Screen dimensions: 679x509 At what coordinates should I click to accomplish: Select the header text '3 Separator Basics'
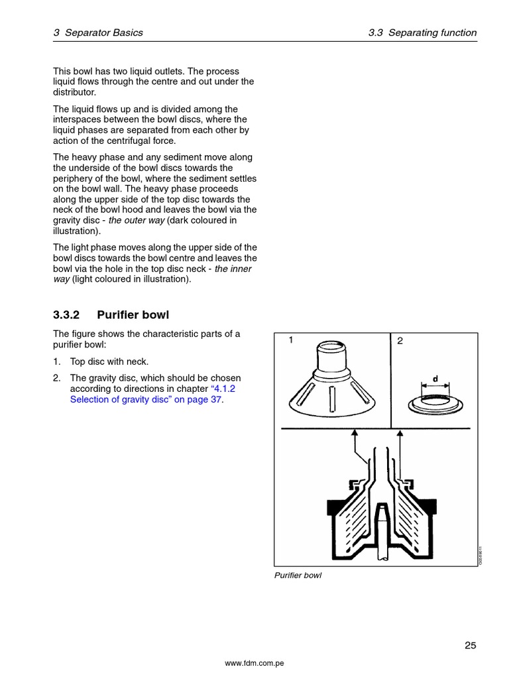[97, 32]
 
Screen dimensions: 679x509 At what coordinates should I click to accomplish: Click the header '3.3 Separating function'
[422, 32]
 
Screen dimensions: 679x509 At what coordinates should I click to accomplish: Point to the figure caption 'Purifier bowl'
[298, 576]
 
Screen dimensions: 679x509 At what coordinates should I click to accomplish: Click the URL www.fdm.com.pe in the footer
[254, 664]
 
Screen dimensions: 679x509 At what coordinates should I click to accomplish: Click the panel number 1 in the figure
[290, 340]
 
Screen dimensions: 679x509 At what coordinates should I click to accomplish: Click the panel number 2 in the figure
[400, 341]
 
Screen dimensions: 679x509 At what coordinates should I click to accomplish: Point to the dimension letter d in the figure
[435, 379]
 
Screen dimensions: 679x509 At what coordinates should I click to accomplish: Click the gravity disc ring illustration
[435, 402]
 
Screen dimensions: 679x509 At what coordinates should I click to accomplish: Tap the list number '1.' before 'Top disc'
[57, 361]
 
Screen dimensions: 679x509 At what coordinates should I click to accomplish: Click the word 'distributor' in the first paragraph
[76, 92]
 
